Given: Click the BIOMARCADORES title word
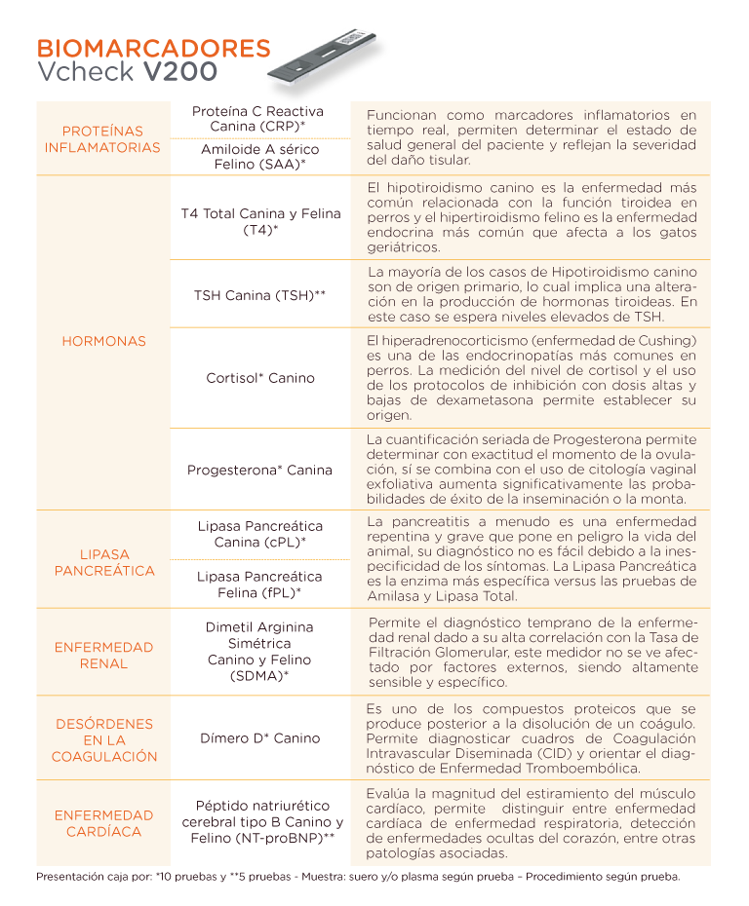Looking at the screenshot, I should (x=153, y=49).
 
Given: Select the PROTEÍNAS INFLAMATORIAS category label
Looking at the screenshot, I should (x=102, y=138).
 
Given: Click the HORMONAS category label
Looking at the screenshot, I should (x=102, y=341).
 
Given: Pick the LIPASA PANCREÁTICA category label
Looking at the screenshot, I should (x=102, y=562).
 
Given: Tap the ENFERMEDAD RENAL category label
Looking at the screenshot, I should (x=102, y=655).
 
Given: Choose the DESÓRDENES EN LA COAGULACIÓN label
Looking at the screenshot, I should (x=102, y=739).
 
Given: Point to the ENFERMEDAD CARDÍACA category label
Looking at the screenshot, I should (x=102, y=823).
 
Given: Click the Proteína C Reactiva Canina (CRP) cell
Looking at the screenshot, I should (x=257, y=119).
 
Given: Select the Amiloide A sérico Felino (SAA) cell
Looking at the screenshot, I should (x=257, y=157).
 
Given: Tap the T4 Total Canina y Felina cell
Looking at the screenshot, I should (x=257, y=221).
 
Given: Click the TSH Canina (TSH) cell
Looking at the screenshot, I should (x=257, y=294).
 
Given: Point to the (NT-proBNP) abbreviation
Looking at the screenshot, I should (x=283, y=839).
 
